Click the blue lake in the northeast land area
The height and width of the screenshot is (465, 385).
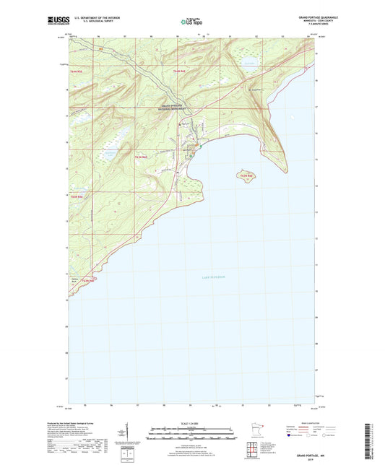249,63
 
